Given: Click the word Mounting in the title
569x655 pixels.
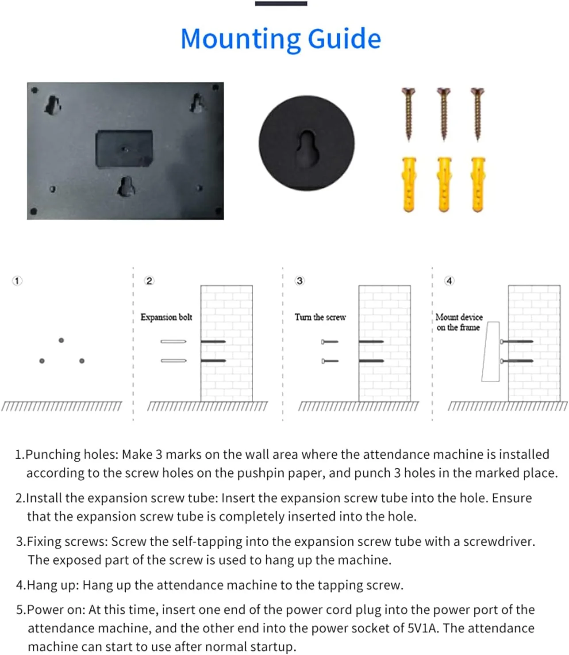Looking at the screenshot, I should pyautogui.click(x=241, y=39).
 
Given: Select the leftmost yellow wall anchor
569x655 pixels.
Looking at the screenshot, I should pyautogui.click(x=409, y=184).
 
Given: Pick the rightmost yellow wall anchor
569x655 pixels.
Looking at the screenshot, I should pyautogui.click(x=478, y=184).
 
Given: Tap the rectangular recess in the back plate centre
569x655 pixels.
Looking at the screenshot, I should pyautogui.click(x=124, y=149).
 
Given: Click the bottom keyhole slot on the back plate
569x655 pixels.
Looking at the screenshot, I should pyautogui.click(x=126, y=186).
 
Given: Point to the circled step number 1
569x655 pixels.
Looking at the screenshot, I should pyautogui.click(x=17, y=281).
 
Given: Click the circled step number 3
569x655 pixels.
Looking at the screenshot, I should pyautogui.click(x=300, y=281).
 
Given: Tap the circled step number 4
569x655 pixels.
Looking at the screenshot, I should pyautogui.click(x=449, y=281).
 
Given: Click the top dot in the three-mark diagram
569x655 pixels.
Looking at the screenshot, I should pyautogui.click(x=61, y=340).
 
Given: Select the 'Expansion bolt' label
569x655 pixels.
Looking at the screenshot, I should pyautogui.click(x=166, y=317).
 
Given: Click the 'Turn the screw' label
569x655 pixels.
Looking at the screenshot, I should pyautogui.click(x=320, y=317).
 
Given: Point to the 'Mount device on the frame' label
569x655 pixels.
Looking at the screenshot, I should pyautogui.click(x=458, y=322).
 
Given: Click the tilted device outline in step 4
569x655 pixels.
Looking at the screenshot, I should pyautogui.click(x=491, y=352).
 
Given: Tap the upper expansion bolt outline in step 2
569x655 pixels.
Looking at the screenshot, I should pyautogui.click(x=173, y=341).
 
